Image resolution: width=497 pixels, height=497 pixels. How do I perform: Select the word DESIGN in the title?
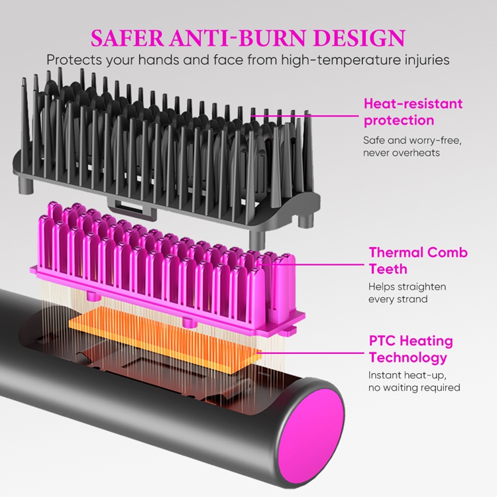coord(359,38)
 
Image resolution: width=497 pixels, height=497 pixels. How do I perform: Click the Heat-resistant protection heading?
coord(413,112)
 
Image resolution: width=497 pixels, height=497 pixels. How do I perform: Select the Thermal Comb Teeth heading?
coord(417,260)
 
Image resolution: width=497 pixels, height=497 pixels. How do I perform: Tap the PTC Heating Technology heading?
coord(411,349)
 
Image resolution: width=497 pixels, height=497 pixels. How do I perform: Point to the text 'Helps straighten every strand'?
coord(407,293)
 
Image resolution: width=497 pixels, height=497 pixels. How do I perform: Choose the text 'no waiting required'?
coord(414,388)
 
